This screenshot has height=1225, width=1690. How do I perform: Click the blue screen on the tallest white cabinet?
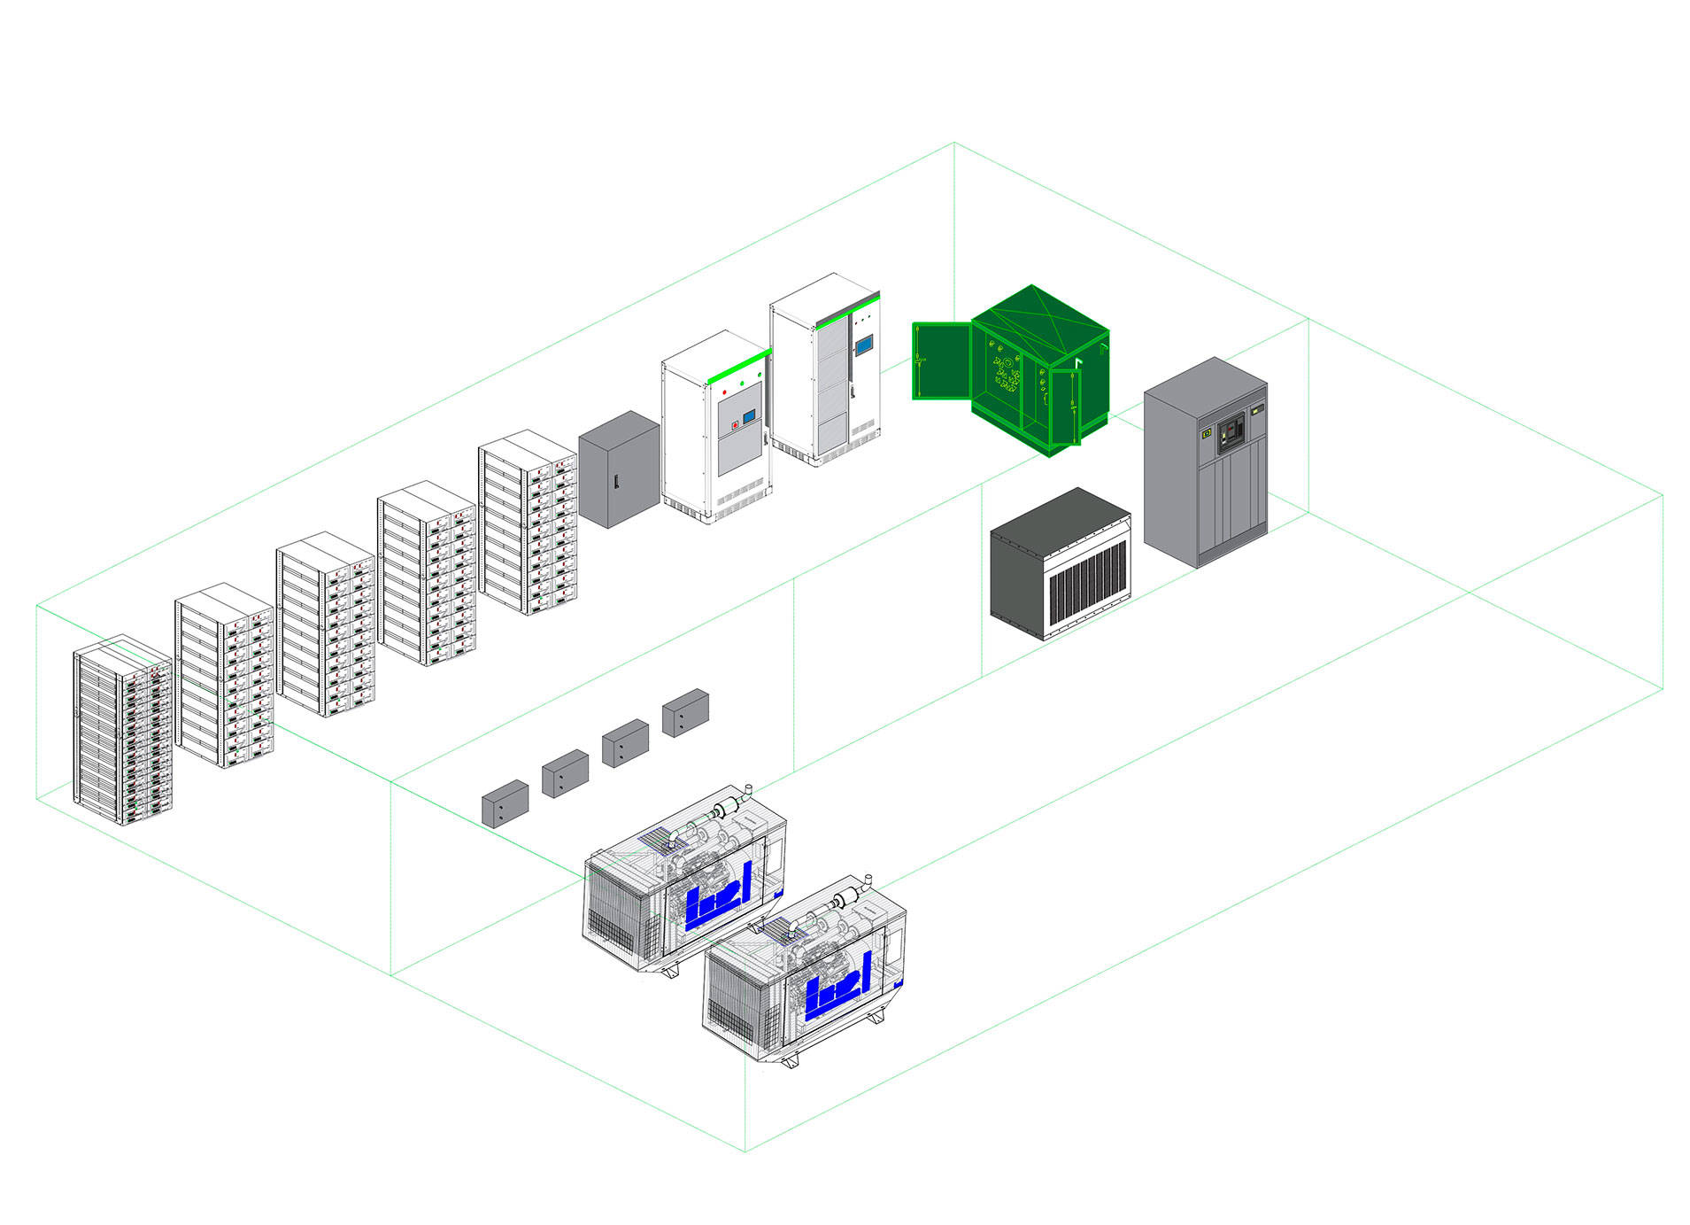(x=863, y=345)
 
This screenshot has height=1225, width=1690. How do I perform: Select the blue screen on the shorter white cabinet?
(x=748, y=415)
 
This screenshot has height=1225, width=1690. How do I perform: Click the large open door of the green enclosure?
(x=941, y=361)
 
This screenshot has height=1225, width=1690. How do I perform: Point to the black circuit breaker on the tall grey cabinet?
(x=1230, y=431)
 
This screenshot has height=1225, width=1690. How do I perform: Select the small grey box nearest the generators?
(x=505, y=804)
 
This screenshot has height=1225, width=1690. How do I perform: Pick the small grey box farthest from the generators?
(x=685, y=713)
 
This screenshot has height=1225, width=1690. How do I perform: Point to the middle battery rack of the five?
(x=326, y=624)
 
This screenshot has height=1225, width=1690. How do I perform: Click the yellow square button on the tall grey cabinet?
(x=1205, y=435)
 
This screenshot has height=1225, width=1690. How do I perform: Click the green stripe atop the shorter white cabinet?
(x=737, y=366)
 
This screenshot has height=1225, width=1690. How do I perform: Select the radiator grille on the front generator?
(x=742, y=1005)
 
